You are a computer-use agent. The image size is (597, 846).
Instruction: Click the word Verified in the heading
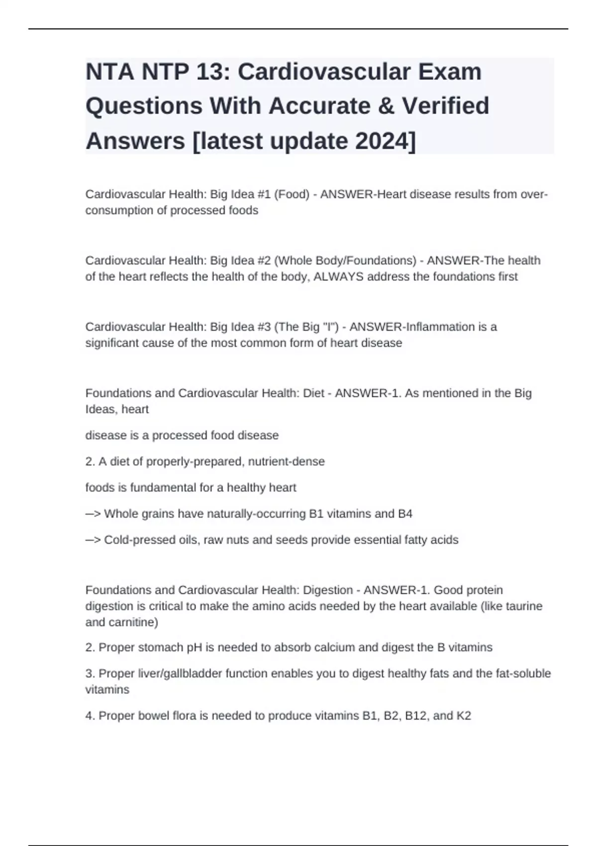445,106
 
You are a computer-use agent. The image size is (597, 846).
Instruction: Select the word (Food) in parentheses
292,194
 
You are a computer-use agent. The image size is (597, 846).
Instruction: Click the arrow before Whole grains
93,514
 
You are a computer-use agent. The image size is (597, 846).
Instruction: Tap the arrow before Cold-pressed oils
93,540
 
